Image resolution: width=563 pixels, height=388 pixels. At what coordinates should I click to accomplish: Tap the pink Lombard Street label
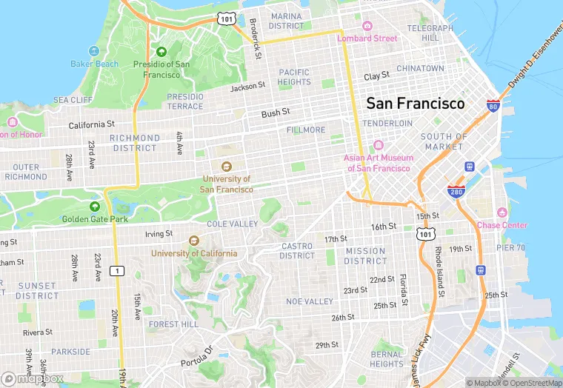pyautogui.click(x=367, y=39)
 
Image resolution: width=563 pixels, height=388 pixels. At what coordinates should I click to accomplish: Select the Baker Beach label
pyautogui.click(x=94, y=64)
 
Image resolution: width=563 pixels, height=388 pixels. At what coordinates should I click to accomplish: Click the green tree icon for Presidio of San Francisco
pyautogui.click(x=161, y=51)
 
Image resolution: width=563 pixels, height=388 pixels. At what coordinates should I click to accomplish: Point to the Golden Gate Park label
pyautogui.click(x=95, y=219)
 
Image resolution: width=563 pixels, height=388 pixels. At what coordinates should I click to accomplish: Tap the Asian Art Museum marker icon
pyautogui.click(x=378, y=145)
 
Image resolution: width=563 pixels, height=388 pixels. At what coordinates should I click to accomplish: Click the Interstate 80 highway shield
pyautogui.click(x=493, y=105)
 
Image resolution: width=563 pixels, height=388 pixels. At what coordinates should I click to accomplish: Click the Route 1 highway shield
pyautogui.click(x=116, y=271)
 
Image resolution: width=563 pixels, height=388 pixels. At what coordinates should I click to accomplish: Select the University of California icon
pyautogui.click(x=194, y=241)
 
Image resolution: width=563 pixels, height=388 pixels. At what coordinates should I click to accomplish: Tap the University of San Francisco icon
pyautogui.click(x=226, y=166)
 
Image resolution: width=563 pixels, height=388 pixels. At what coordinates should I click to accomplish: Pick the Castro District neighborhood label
pyautogui.click(x=297, y=251)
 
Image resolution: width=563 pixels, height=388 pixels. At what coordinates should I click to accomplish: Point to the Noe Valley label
pyautogui.click(x=310, y=301)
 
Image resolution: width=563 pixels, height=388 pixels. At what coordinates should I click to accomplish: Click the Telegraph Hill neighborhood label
pyautogui.click(x=429, y=33)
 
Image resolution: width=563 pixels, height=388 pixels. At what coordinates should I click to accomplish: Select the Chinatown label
pyautogui.click(x=420, y=68)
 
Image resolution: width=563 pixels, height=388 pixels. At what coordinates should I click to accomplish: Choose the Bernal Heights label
pyautogui.click(x=387, y=359)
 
